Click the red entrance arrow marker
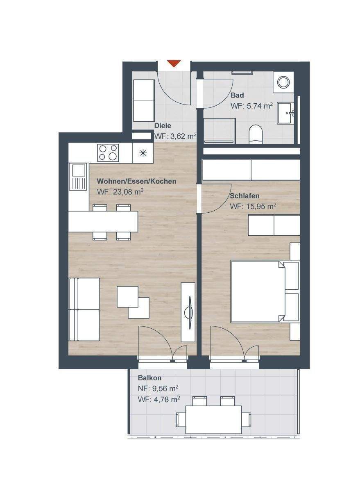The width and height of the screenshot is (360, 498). [174, 64]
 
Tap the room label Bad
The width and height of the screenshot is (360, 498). [237, 96]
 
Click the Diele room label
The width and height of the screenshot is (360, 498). [163, 125]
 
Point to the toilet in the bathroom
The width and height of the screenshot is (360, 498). [256, 134]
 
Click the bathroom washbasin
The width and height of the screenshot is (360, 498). [285, 113]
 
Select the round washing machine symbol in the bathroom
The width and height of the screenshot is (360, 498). [283, 82]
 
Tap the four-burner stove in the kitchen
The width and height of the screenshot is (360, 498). [108, 153]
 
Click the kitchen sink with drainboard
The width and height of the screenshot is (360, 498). [77, 177]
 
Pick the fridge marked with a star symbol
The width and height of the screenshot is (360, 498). [143, 153]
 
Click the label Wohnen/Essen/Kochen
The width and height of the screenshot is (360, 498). [136, 181]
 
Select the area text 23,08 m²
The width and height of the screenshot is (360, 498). [128, 192]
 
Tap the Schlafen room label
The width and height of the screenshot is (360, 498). [245, 196]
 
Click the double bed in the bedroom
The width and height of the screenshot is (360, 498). [258, 291]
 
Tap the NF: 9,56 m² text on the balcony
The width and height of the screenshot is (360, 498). [158, 389]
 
